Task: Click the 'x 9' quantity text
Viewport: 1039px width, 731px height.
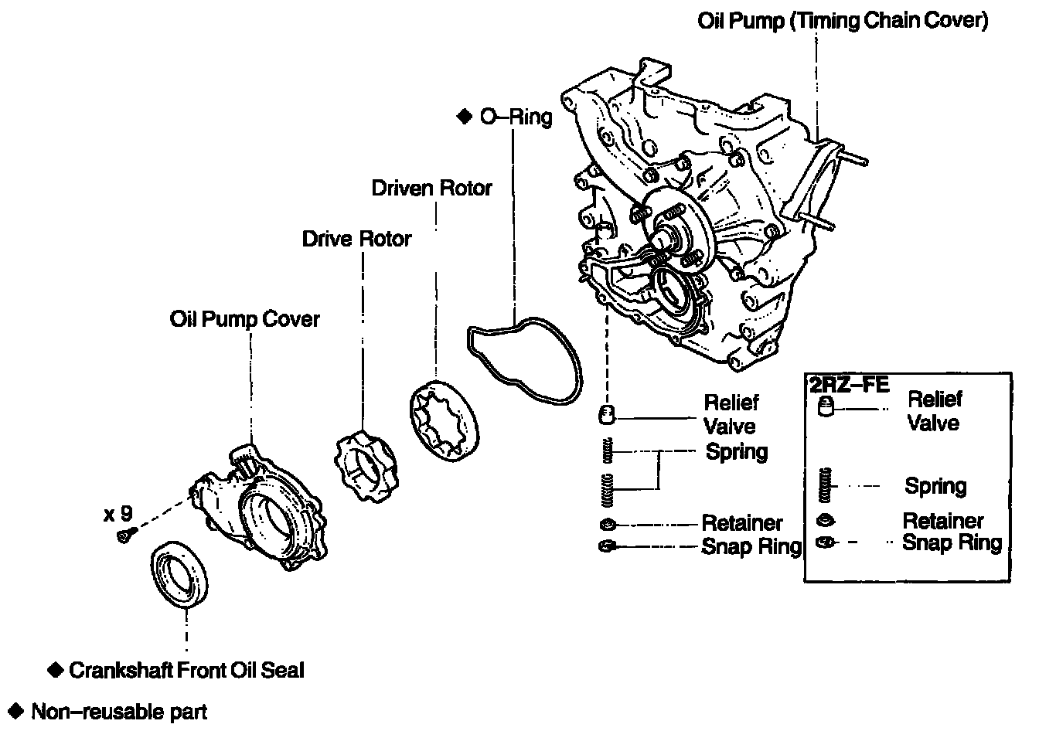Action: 118,512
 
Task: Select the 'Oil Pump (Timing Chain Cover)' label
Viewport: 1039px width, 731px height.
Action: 843,21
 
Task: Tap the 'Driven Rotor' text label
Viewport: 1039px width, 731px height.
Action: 431,188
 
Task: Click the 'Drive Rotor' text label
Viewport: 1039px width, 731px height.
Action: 356,239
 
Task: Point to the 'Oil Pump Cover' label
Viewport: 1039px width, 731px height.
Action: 244,318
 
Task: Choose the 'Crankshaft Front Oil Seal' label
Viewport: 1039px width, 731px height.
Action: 186,670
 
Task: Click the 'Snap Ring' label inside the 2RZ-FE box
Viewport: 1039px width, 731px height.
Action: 952,542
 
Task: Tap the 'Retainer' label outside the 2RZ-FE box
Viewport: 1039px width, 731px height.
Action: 742,524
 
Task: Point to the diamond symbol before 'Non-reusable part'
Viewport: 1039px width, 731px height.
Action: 14,710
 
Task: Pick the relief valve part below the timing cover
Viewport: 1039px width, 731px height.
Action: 607,415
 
